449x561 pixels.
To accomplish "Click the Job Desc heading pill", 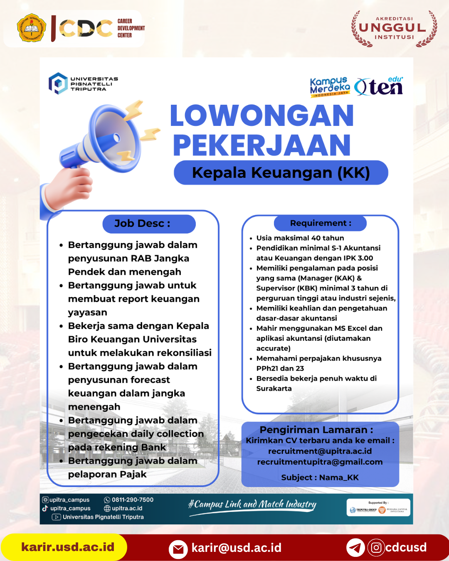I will tap(149, 224).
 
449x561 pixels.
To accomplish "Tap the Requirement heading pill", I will tap(320, 223).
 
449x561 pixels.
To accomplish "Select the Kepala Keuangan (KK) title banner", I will tap(281, 172).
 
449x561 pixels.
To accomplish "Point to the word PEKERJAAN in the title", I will tap(262, 145).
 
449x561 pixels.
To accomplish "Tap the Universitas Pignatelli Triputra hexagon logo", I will tap(58, 84).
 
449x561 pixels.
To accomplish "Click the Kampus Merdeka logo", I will tap(330, 87).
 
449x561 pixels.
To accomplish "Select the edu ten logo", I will tap(379, 86).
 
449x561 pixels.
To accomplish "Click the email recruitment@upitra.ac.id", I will tap(320, 451).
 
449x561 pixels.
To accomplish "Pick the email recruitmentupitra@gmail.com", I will tap(320, 462).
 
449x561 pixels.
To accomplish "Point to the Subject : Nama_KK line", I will tap(320, 477).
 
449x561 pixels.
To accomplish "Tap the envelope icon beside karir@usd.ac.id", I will tap(178, 549).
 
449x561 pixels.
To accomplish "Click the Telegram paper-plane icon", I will tap(355, 548).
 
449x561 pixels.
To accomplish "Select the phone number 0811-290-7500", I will tap(132, 500).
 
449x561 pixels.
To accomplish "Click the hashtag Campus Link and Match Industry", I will tap(252, 504).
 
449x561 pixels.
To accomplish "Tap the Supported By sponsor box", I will tap(378, 507).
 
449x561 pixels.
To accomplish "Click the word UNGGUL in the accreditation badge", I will tap(393, 28).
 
